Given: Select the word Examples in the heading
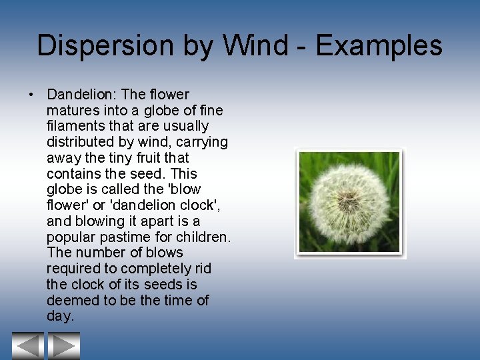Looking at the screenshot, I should coord(379,46).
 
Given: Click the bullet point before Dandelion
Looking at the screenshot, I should coord(32,95).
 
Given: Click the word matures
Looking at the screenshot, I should coord(72,110).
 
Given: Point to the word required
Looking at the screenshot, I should coord(72,268).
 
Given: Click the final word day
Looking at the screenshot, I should coord(59,316).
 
